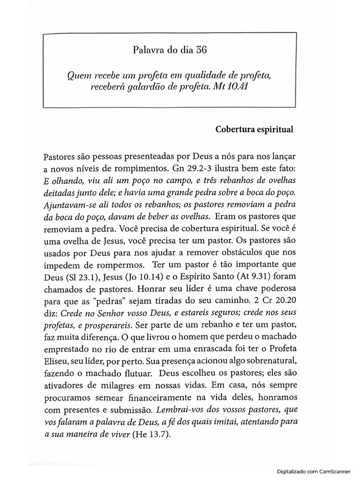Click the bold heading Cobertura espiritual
(255, 130)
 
